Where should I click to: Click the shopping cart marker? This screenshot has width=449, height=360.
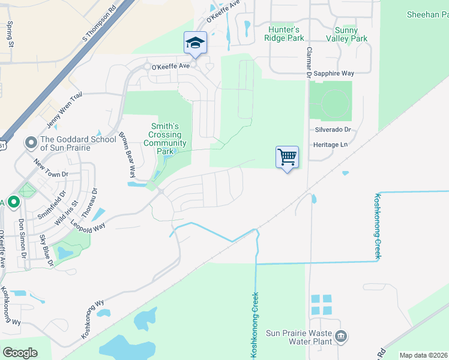[x=288, y=157]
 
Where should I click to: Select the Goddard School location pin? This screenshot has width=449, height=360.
[x=31, y=143]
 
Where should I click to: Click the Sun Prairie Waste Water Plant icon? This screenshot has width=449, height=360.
[x=341, y=336]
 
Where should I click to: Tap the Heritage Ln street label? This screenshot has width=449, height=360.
[x=330, y=145]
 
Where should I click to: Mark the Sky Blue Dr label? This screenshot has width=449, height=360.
[x=46, y=251]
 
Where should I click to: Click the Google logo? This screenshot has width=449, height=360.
[x=20, y=353]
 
